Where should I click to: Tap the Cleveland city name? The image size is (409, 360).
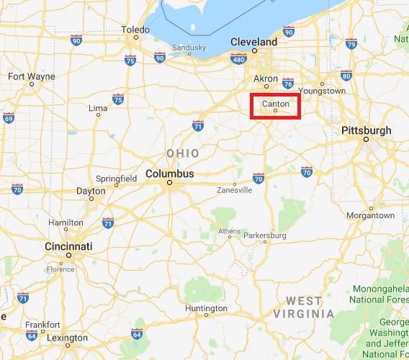253,42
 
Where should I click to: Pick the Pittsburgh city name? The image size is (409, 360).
367,130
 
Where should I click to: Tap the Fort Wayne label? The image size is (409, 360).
31,76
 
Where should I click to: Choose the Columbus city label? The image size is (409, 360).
169,174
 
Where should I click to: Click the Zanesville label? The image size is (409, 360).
235,190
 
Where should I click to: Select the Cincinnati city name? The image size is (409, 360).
69,246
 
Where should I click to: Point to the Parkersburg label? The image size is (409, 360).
265,235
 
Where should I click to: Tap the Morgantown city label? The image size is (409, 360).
371,215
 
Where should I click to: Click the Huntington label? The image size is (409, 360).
206,308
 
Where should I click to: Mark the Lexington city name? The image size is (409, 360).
67,338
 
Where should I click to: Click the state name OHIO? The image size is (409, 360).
182,153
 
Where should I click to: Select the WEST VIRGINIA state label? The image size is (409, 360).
310,307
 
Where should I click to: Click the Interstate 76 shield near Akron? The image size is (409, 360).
289,83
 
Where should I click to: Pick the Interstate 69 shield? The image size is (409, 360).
8,118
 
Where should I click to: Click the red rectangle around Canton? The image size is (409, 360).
274,107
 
